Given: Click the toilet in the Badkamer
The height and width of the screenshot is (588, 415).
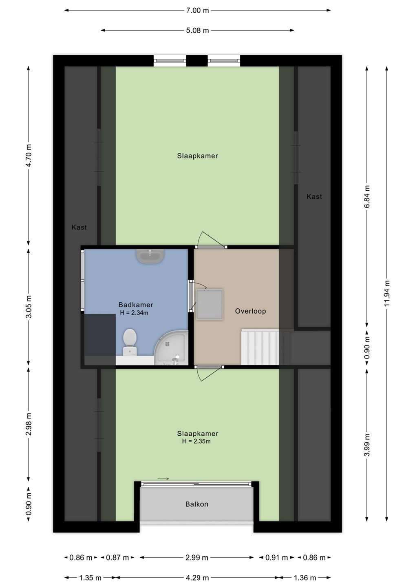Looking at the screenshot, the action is point(130,342).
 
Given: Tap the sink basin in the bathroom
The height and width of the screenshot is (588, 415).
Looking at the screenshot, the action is point(150,256).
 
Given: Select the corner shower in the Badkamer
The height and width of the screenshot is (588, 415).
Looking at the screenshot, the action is point(171,347).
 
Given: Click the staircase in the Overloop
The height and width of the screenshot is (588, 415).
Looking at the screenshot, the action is point(260,347).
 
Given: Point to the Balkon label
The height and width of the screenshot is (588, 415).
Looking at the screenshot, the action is point(197,504).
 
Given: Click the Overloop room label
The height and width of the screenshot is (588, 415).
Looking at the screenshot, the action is point(250,311).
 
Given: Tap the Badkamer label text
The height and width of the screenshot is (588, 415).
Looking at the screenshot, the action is point(136,305).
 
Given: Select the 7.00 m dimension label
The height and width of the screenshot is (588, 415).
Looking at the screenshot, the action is point(198,11).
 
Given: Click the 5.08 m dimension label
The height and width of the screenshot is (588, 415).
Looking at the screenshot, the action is point(198,31).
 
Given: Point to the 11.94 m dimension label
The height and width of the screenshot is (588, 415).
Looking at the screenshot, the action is point(388,293).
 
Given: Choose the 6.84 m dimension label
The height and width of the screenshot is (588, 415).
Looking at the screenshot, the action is point(367,197).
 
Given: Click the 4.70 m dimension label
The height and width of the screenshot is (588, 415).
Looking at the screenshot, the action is point(29,156).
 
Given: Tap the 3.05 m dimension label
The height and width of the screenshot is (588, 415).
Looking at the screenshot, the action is point(29,307).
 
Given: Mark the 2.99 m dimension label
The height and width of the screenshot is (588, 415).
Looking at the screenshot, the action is point(197,557).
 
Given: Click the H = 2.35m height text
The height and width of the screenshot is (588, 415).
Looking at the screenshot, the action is point(196,441).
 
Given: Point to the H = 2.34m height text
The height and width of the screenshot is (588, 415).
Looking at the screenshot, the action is point(134,313).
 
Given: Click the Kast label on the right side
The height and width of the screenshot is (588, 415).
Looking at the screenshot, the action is point(314,196).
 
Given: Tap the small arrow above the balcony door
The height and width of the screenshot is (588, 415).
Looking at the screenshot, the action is point(163,479).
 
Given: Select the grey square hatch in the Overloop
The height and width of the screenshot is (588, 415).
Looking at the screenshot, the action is point(209,305).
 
